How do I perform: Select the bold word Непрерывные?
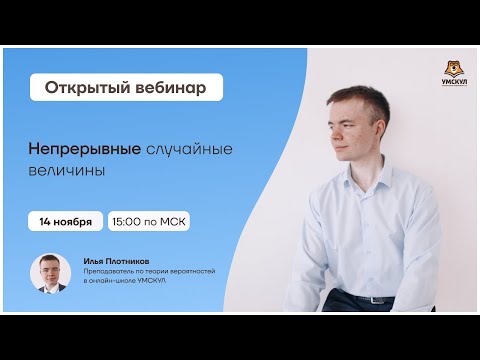(x=86, y=148)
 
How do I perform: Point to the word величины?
(x=66, y=170)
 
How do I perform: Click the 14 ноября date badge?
(x=66, y=221)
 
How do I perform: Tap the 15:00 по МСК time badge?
(x=150, y=221)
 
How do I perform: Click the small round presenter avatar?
(x=51, y=273)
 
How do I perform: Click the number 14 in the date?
(x=45, y=221)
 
